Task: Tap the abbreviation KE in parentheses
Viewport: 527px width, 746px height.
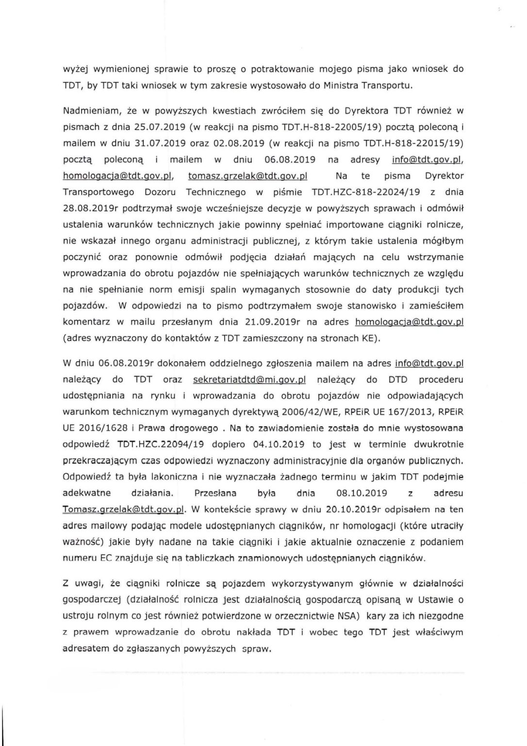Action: pos(365,339)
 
